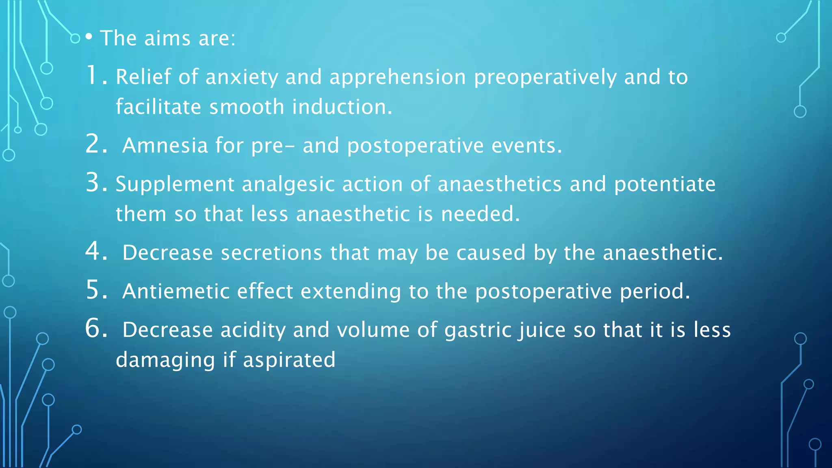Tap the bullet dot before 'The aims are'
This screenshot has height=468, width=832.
pyautogui.click(x=89, y=37)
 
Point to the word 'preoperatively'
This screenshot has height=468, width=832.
pyautogui.click(x=545, y=77)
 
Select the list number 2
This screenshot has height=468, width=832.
pyautogui.click(x=96, y=144)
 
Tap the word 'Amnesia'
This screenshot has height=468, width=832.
pyautogui.click(x=165, y=145)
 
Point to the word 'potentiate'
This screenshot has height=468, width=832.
pyautogui.click(x=664, y=184)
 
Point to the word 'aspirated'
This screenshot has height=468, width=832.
pyautogui.click(x=289, y=360)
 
